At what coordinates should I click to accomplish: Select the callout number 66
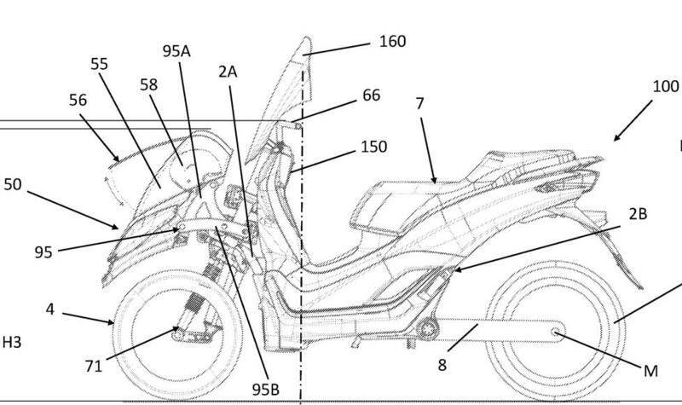(x=372, y=95)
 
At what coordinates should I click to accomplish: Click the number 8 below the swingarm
(x=442, y=364)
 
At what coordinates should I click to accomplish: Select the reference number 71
(x=95, y=366)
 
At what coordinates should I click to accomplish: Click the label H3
(x=12, y=343)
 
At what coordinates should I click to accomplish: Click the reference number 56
(x=78, y=101)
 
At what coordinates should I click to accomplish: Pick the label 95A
(x=176, y=49)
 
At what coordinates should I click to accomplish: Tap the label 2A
(x=227, y=72)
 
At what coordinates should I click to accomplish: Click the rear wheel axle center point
(x=556, y=331)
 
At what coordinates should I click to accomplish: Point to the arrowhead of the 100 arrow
(x=614, y=139)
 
